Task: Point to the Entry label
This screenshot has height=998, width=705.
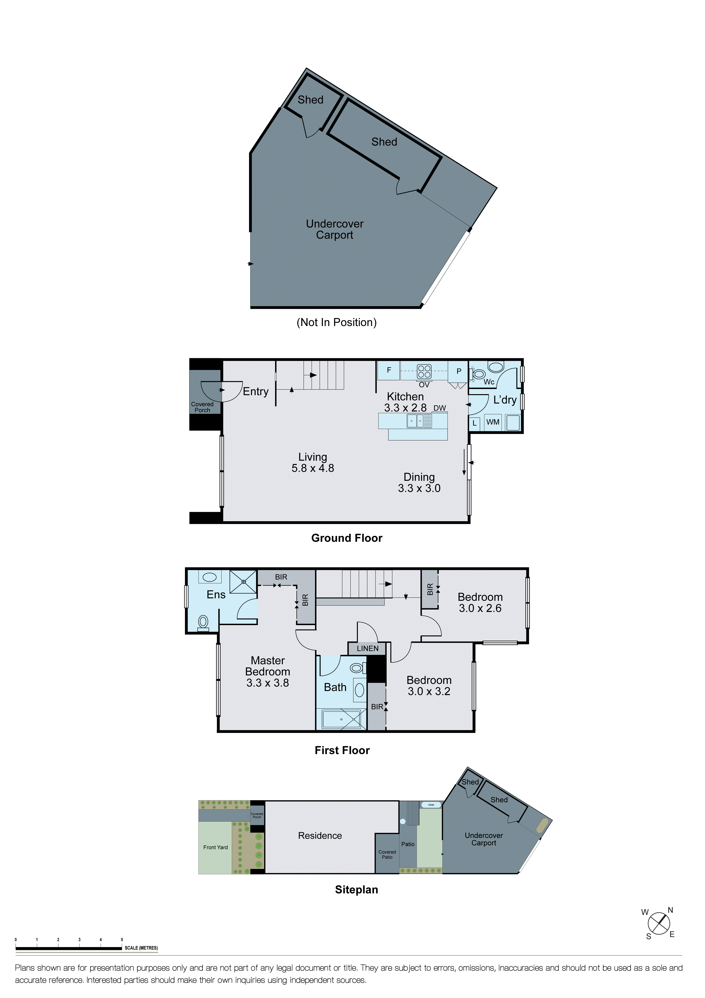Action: coord(255,392)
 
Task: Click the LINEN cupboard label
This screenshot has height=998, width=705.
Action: coord(367,649)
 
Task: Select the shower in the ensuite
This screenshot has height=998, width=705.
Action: coord(243,582)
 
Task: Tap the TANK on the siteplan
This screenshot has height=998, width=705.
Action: coord(431,805)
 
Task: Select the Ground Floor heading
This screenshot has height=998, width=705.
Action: coord(347,538)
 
